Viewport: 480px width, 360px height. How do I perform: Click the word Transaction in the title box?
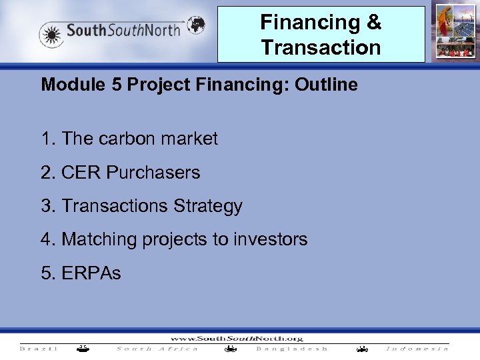click(x=321, y=47)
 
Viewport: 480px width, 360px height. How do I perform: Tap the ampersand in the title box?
click(x=374, y=22)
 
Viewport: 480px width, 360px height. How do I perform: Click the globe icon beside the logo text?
click(x=195, y=25)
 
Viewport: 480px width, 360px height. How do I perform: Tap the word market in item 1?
click(x=189, y=139)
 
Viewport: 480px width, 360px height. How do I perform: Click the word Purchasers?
click(x=153, y=173)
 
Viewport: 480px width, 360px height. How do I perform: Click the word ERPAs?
click(x=91, y=273)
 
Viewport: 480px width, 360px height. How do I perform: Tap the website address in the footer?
click(x=237, y=337)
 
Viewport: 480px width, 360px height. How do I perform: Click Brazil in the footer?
click(x=39, y=349)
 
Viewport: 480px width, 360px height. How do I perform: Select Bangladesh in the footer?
click(x=292, y=349)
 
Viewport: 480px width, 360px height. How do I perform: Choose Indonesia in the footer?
click(x=417, y=349)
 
